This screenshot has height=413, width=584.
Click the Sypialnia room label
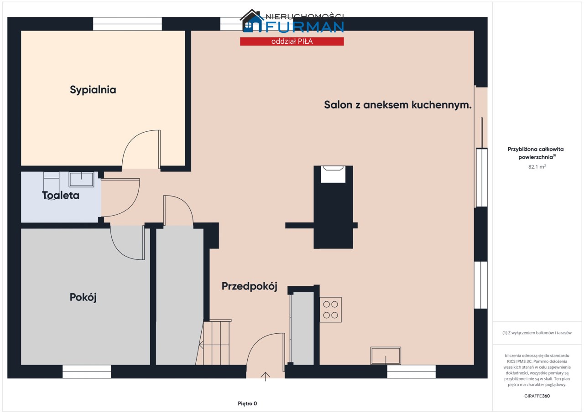point(93,90)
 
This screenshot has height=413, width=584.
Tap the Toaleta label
point(61,195)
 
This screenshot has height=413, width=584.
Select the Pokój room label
point(83,297)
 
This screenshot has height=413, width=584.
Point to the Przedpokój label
point(249,286)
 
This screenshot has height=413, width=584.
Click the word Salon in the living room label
point(338,105)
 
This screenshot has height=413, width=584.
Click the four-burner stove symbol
point(331,310)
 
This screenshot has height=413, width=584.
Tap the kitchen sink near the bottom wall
point(386,356)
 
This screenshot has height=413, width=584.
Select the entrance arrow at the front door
point(266,377)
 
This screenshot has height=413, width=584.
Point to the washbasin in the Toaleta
point(81,179)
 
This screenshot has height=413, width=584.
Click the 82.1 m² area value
point(537,167)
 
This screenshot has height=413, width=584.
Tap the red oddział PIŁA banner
point(292,41)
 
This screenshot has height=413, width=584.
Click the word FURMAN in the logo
point(305,27)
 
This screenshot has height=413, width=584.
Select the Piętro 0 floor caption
point(247,403)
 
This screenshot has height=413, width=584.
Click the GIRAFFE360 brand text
point(537,396)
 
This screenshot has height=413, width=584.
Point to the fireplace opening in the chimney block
point(333,174)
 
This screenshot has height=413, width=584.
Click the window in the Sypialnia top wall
point(127,24)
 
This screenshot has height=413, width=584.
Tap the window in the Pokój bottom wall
point(87,372)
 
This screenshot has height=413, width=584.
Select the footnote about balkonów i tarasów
point(537,332)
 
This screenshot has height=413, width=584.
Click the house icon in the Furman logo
point(251,21)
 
